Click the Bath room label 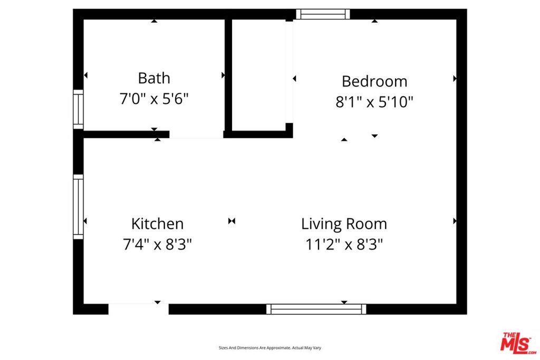pos(154,78)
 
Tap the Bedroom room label pos(374,82)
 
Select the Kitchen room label pos(157,223)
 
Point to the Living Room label pos(344,223)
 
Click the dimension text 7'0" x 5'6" pos(154,99)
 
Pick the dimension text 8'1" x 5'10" pos(374,102)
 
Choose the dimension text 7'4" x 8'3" pos(157,245)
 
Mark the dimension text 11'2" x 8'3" pos(344,245)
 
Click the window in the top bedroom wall pos(323,14)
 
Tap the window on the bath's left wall pos(78,110)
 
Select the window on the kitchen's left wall pos(78,207)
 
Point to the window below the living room pos(316,309)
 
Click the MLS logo pos(518,343)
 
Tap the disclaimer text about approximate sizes pos(270,348)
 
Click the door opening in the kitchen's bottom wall pos(139,309)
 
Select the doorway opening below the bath pos(196,134)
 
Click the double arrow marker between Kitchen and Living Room pos(232,221)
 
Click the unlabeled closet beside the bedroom pos(258,75)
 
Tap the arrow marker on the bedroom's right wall pos(455,79)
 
